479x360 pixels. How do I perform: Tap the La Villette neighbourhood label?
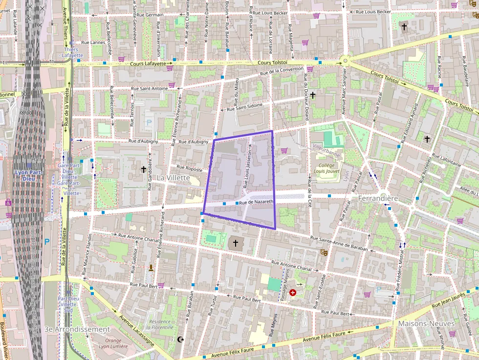click(x=173, y=178)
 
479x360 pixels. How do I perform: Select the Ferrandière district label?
click(x=378, y=199)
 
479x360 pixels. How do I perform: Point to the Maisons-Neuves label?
click(x=426, y=324)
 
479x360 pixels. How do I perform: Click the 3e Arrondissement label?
click(x=77, y=329)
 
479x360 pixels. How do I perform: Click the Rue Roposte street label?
click(x=189, y=168)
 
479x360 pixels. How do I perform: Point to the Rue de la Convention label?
click(x=282, y=71)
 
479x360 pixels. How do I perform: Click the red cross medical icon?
click(x=293, y=293)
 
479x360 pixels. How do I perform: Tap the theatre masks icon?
click(x=323, y=253)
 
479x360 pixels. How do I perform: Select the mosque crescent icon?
click(x=181, y=339)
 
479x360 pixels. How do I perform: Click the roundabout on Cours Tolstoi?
click(x=345, y=62)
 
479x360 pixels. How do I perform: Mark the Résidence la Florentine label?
click(x=160, y=325)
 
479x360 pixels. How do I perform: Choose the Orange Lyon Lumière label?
click(x=113, y=343)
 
